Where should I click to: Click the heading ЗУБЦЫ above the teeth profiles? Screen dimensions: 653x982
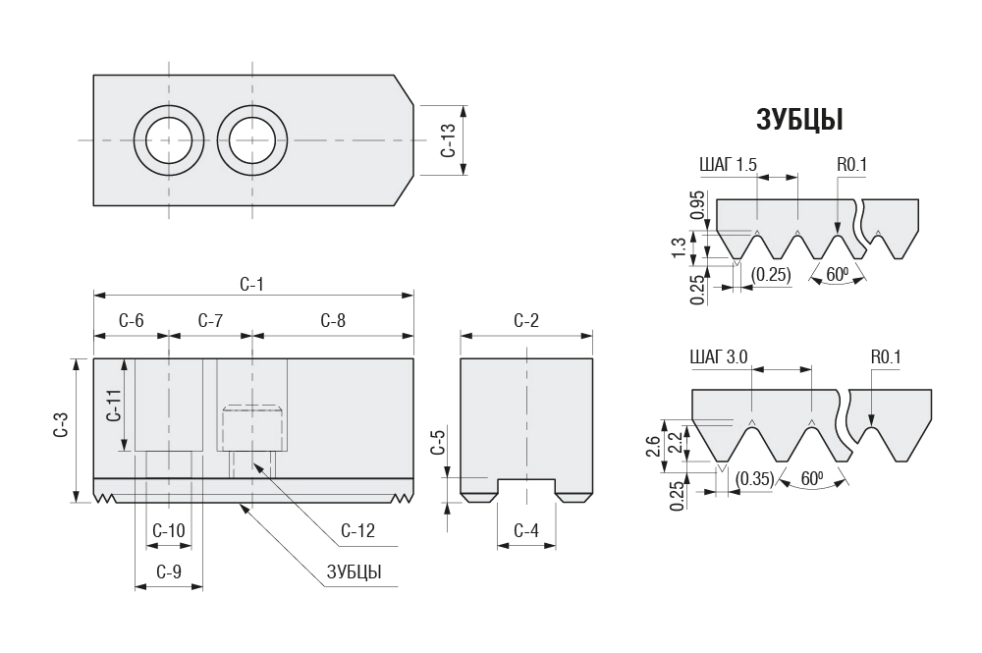pyautogui.click(x=800, y=119)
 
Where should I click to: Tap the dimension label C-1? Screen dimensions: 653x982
pyautogui.click(x=252, y=285)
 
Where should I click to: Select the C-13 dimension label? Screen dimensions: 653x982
pyautogui.click(x=448, y=140)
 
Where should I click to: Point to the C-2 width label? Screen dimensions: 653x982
pyautogui.click(x=526, y=321)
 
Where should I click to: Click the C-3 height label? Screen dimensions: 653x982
pyautogui.click(x=61, y=430)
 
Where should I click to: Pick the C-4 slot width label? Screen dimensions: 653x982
pyautogui.click(x=526, y=531)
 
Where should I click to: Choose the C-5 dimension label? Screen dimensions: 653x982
pyautogui.click(x=439, y=443)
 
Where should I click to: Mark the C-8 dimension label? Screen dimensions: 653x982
pyautogui.click(x=333, y=321)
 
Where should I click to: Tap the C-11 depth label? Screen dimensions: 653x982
pyautogui.click(x=112, y=405)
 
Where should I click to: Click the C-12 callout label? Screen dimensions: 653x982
pyautogui.click(x=357, y=531)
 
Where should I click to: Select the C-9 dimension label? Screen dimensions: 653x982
pyautogui.click(x=169, y=571)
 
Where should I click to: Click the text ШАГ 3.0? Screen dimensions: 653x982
pyautogui.click(x=718, y=357)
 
